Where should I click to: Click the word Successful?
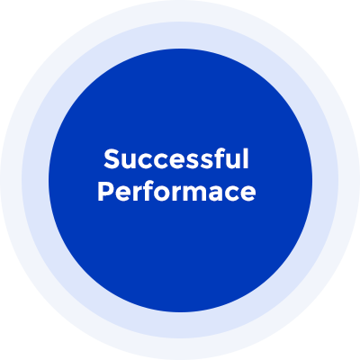176,158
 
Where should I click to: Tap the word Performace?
176,192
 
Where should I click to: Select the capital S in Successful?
112,159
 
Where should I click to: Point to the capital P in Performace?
105,192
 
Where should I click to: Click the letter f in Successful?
217,158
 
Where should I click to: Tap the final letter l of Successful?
246,158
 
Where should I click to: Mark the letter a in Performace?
222,194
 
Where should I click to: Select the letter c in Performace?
236,194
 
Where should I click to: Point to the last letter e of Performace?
248,194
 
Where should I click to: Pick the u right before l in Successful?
232,162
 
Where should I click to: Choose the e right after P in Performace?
122,194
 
